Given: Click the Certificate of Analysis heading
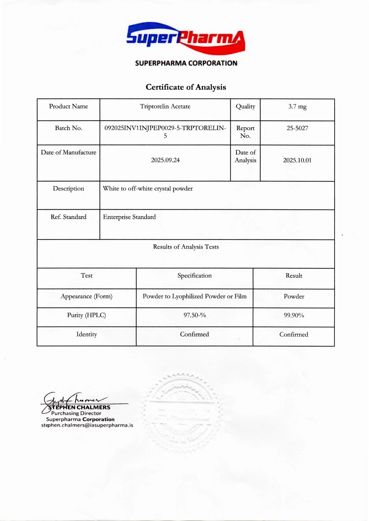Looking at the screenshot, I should coord(186,87).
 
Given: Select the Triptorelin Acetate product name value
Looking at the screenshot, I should coord(165,106).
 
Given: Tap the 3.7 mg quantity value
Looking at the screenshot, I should coord(297,107).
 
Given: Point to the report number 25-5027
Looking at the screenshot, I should coord(297,128).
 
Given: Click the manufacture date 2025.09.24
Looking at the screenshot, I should coord(165,160).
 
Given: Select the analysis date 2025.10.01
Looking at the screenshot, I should coord(297,160).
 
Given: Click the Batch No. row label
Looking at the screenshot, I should coord(69,128).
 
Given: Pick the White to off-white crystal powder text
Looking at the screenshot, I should coord(148,189).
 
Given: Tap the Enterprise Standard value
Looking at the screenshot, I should coord(129,217).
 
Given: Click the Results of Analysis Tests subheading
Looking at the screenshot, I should coord(186,247).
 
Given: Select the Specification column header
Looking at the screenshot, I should coord(195,276).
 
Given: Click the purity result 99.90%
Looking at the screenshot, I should coord(294,315).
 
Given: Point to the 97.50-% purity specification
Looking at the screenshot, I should coord(195,315).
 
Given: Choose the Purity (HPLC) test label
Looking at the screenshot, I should coord(86,315).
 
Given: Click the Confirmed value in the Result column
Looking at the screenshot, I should coord(294,334).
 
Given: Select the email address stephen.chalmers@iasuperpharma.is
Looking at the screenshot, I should coord(87,425).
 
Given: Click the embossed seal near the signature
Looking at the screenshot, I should coord(182,412).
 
